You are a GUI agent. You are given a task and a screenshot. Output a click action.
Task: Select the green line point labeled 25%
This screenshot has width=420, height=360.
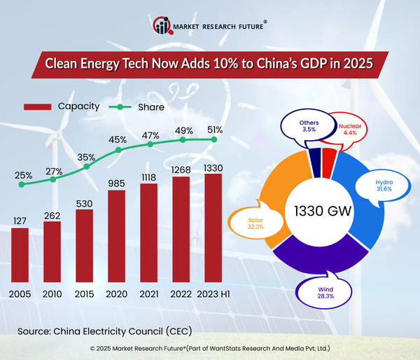[22, 184]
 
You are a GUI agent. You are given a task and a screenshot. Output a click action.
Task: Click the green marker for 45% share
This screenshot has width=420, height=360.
[118, 150]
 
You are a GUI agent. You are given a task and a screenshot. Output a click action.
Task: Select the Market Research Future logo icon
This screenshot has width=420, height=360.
[161, 26]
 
